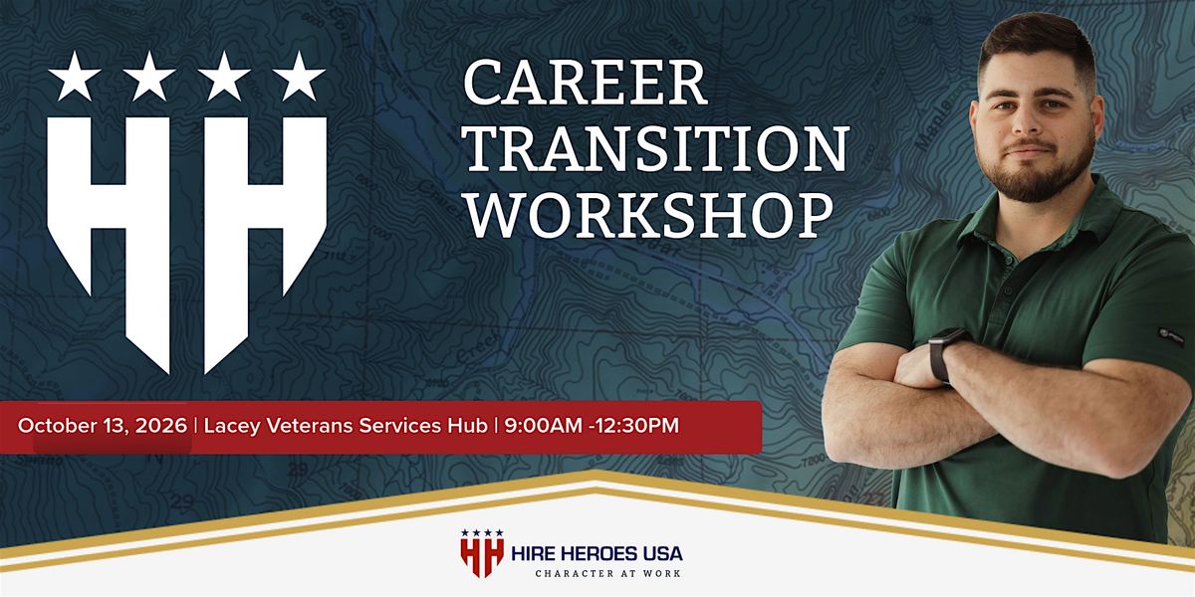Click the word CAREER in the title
(x=586, y=83)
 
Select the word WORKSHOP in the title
(x=649, y=215)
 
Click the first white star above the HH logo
(x=74, y=77)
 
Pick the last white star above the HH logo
(x=300, y=77)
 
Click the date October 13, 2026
(x=103, y=426)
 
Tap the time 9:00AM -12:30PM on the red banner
(x=592, y=426)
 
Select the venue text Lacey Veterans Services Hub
(x=346, y=426)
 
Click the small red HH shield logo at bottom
(x=482, y=553)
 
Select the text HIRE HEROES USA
(x=597, y=554)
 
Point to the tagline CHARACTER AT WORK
(x=607, y=573)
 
